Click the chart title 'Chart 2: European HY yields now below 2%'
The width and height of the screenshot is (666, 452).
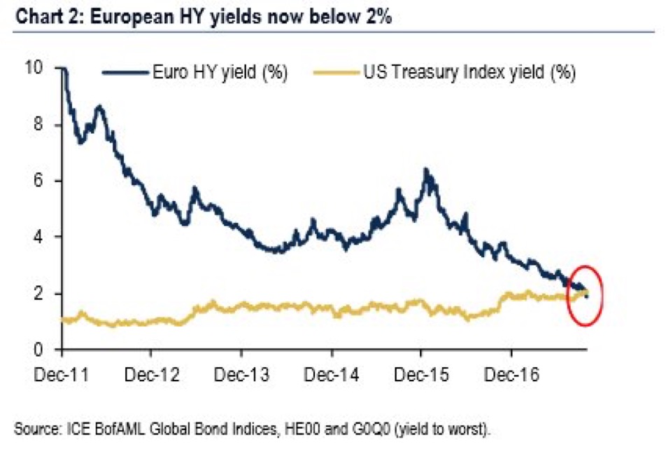click(x=203, y=17)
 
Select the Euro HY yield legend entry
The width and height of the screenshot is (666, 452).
click(x=195, y=72)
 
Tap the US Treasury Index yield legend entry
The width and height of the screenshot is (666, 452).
click(x=445, y=72)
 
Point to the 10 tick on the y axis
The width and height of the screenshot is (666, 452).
click(x=34, y=68)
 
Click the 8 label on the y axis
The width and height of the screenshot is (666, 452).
click(x=38, y=124)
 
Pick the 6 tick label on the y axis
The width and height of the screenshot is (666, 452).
click(x=38, y=181)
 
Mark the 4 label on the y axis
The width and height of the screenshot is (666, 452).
click(x=38, y=237)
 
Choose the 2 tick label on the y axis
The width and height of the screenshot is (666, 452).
click(x=38, y=293)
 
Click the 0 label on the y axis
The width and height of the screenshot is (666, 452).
click(x=38, y=350)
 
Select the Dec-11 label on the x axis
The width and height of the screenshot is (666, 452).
click(x=62, y=374)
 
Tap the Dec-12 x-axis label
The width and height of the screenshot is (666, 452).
click(x=152, y=374)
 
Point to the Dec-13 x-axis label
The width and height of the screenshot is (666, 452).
click(x=241, y=374)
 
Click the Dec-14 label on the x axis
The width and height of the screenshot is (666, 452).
click(x=332, y=374)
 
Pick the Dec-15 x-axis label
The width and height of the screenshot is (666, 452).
click(x=421, y=374)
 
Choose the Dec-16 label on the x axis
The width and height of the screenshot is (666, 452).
click(x=511, y=374)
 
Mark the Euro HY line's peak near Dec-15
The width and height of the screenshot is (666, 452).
click(x=425, y=170)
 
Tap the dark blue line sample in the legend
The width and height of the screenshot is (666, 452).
click(x=125, y=72)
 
